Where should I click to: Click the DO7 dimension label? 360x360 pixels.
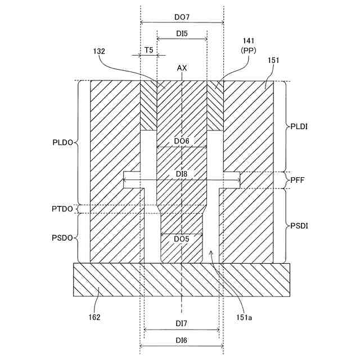(182, 17)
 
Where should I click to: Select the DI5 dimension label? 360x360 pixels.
(182, 34)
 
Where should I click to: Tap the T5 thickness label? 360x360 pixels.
(148, 50)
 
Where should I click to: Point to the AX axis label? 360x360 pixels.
(182, 68)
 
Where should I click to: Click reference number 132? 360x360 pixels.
(99, 51)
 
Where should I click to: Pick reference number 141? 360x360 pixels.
(248, 42)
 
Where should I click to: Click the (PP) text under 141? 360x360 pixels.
(248, 50)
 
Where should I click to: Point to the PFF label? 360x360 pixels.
(298, 180)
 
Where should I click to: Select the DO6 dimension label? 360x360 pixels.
(182, 141)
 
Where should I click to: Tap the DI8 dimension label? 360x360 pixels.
(181, 175)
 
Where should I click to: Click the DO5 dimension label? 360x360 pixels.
(181, 239)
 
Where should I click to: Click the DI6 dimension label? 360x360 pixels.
(181, 339)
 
